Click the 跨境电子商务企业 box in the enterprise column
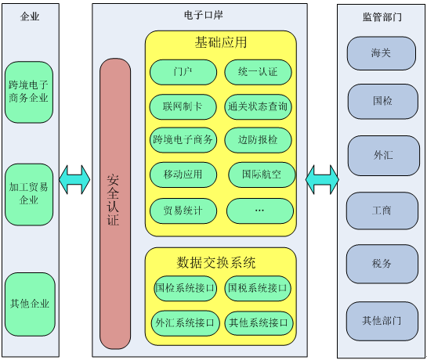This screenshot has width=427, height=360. click(x=29, y=92)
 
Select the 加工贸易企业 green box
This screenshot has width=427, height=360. click(x=29, y=194)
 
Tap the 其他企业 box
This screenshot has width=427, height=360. click(x=30, y=304)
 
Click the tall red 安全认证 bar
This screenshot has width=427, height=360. click(x=115, y=203)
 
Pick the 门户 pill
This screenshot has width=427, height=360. click(x=183, y=72)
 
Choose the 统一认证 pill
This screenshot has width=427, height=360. click(x=258, y=72)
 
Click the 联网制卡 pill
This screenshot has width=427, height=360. click(x=183, y=106)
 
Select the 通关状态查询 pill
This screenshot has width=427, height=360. click(x=258, y=106)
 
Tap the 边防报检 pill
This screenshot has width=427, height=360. click(x=258, y=140)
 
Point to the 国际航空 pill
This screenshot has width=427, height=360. click(x=262, y=175)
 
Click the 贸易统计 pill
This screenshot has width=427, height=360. click(x=183, y=211)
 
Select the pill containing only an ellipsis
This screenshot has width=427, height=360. click(x=260, y=211)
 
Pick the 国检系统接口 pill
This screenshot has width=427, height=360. click(x=185, y=289)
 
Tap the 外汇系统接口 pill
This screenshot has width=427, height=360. click(x=185, y=323)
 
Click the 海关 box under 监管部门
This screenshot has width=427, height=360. click(x=382, y=53)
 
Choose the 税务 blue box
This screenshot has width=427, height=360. click(x=382, y=264)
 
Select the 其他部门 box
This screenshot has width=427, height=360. click(x=382, y=321)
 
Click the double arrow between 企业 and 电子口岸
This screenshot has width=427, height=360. click(x=74, y=179)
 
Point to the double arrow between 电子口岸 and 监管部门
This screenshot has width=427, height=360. click(x=322, y=179)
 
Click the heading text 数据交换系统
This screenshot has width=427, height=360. click(x=216, y=263)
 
